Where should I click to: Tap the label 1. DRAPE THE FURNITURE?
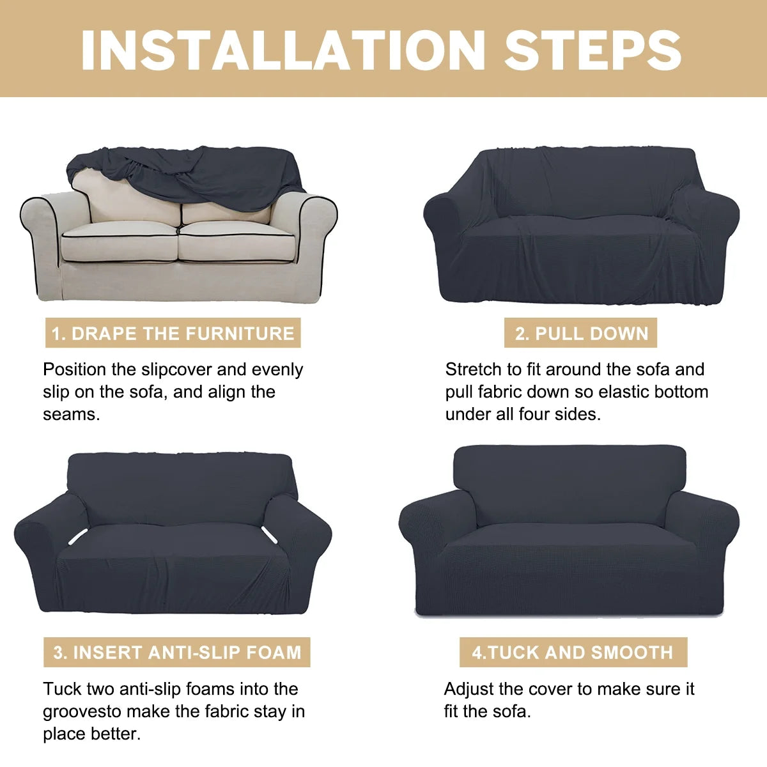(173, 333)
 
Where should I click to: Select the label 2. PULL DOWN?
(581, 333)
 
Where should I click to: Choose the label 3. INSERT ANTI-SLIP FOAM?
(176, 585)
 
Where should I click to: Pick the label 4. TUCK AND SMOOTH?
(573, 585)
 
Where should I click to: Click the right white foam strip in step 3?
(270, 534)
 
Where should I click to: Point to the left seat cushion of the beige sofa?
(120, 242)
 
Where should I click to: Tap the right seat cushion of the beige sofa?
(237, 242)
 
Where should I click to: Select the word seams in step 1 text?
(71, 415)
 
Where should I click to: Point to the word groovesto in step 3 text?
(82, 712)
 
